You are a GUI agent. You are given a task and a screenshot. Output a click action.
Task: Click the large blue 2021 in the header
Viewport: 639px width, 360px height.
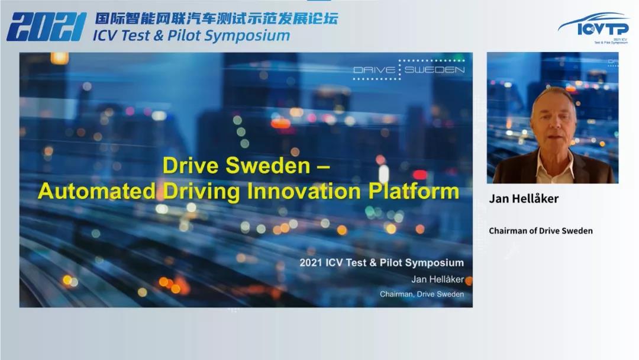point(47,27)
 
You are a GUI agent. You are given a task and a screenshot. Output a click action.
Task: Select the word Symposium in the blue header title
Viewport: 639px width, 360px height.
point(247,36)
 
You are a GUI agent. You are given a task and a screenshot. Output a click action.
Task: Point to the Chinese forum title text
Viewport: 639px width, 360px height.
point(217,19)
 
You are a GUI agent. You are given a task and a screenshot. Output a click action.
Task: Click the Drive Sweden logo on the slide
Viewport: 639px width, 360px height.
point(409,69)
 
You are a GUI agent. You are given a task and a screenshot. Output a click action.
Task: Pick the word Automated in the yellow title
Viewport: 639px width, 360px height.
point(97,191)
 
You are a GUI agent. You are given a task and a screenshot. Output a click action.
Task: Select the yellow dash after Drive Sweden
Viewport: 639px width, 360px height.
point(323,167)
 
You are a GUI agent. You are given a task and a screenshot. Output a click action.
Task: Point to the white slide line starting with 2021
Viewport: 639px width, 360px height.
point(382,262)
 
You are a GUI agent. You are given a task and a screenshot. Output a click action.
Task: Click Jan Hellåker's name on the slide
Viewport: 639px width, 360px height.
point(437,279)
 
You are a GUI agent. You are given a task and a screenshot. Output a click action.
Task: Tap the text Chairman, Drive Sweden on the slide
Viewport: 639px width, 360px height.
point(422,294)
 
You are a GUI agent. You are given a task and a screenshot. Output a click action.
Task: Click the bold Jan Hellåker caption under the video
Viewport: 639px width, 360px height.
point(524,198)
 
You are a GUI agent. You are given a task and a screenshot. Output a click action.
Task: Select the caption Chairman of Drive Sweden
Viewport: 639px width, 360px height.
point(541,231)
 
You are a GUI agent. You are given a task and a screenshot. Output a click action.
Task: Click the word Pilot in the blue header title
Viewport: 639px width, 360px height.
point(184,36)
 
